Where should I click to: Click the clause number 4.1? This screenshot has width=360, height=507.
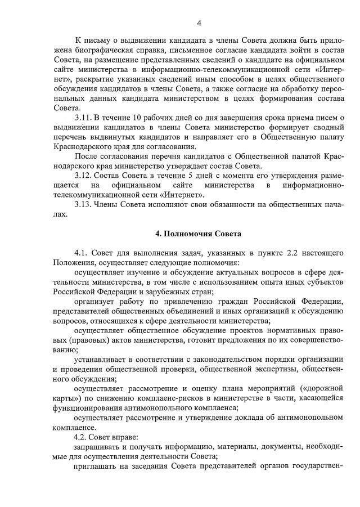coord(81,253)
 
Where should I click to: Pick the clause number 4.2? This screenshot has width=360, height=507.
coord(81,437)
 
